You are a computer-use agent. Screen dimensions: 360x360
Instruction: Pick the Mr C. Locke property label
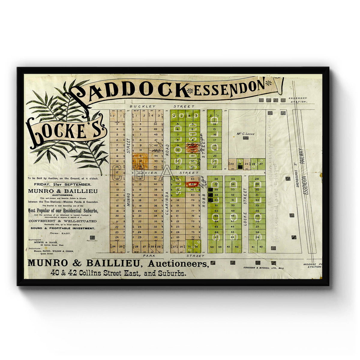(245, 134)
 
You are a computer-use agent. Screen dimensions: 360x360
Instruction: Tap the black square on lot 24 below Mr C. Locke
(240, 167)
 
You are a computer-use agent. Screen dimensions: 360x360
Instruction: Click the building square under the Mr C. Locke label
(246, 138)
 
